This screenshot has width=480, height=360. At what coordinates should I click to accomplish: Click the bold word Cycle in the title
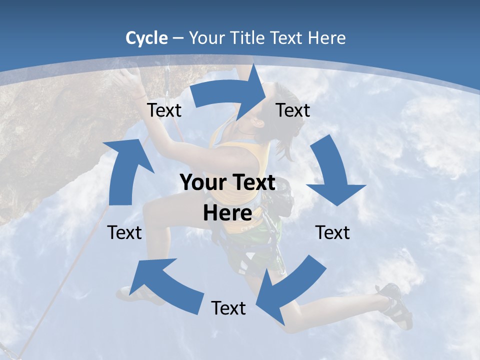point(146,38)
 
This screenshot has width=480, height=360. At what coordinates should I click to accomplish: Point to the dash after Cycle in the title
point(177,38)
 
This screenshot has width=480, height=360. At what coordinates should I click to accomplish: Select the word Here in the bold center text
point(227,213)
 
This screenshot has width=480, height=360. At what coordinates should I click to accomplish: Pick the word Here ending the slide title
point(325,38)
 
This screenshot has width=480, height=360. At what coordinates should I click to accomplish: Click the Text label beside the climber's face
point(293,110)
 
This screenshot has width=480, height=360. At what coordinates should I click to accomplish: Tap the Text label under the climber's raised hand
point(164,110)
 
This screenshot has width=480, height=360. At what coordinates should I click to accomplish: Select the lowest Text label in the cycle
point(228,308)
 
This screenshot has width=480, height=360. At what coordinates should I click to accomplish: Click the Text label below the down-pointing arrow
point(332,232)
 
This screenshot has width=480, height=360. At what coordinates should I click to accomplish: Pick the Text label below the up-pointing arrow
point(124,232)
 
